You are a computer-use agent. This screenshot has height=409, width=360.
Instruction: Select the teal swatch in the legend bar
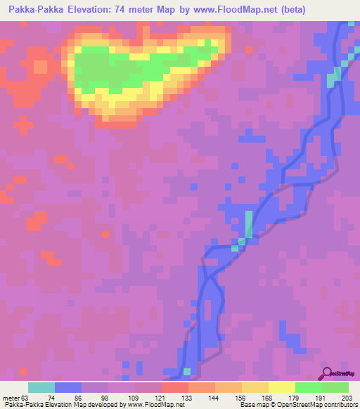pos(41,387)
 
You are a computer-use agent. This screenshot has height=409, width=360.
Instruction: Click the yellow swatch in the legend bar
pos(282,387)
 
